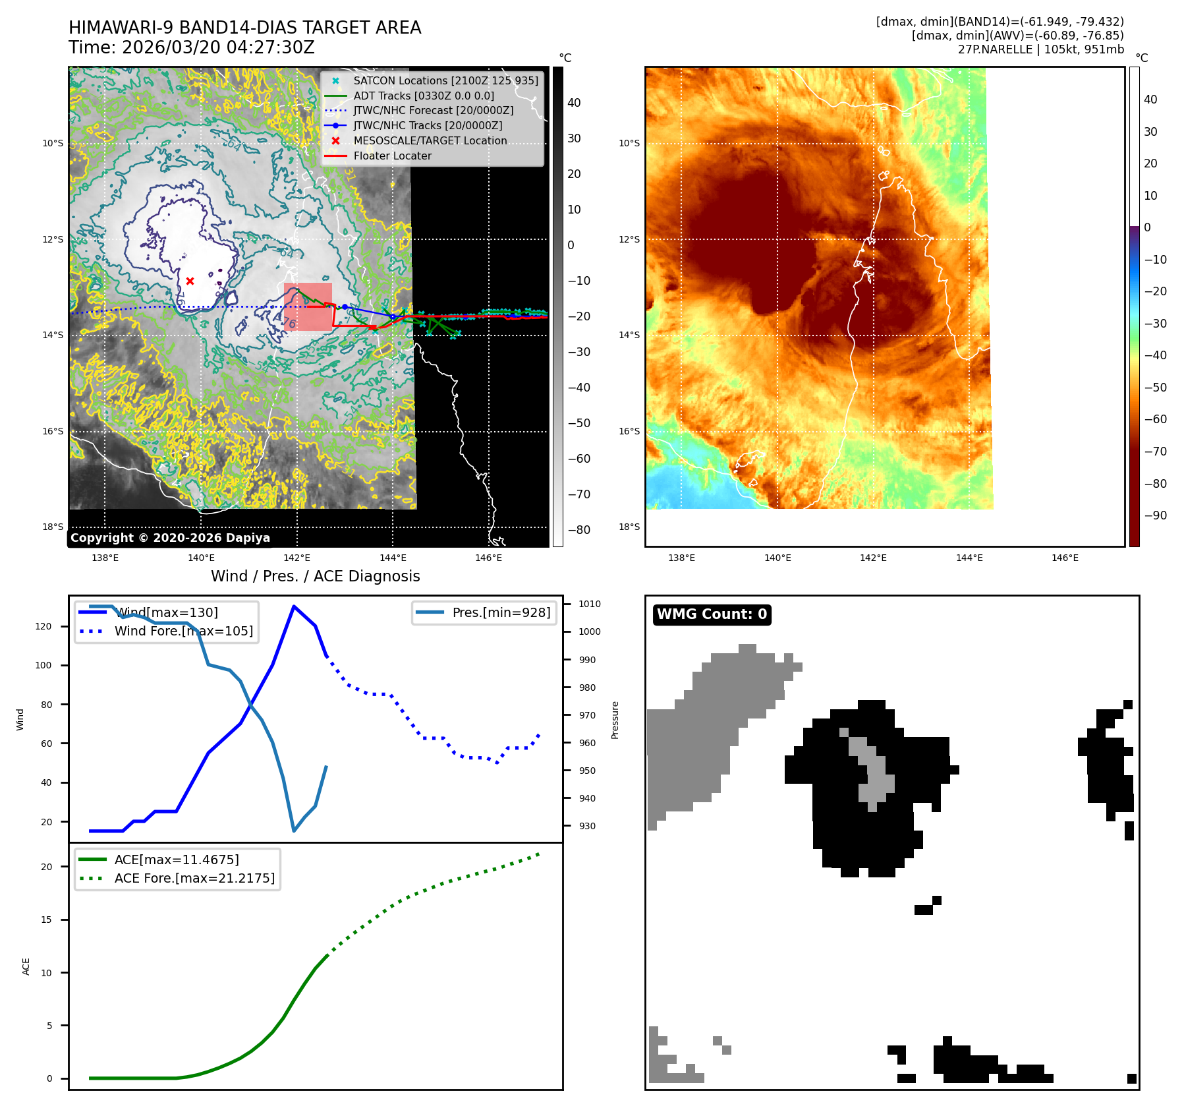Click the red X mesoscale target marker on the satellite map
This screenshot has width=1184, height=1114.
190,281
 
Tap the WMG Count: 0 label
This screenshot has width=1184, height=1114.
712,614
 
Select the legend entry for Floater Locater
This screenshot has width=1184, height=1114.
392,156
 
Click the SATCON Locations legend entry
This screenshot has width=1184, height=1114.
445,81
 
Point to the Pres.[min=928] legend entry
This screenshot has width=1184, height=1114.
501,613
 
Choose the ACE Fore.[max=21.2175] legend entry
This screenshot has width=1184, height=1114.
194,879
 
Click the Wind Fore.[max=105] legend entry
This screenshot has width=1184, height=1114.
183,631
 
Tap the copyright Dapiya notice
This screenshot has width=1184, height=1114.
170,538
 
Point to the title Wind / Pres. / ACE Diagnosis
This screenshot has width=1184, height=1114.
315,576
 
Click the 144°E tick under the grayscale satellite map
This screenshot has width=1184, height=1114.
393,558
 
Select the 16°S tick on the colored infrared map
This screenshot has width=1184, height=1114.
629,431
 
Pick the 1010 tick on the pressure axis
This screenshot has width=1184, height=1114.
589,604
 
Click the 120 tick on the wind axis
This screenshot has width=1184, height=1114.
43,626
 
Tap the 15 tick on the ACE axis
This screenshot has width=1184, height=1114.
46,920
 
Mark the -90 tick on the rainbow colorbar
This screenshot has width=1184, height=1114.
1155,515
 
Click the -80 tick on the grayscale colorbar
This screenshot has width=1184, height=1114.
579,530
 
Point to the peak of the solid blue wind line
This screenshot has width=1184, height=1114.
293,606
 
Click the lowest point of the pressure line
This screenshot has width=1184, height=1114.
294,831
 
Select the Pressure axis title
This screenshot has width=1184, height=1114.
615,720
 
